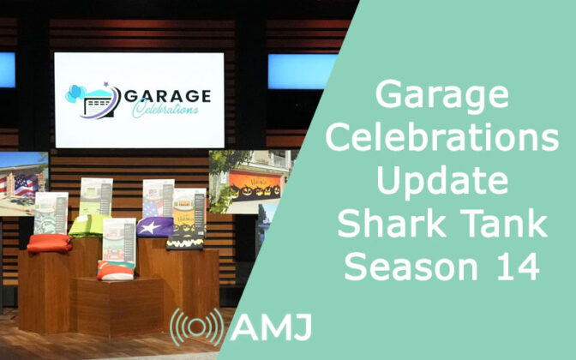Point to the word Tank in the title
point(504,223)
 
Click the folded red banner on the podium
point(49,243)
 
